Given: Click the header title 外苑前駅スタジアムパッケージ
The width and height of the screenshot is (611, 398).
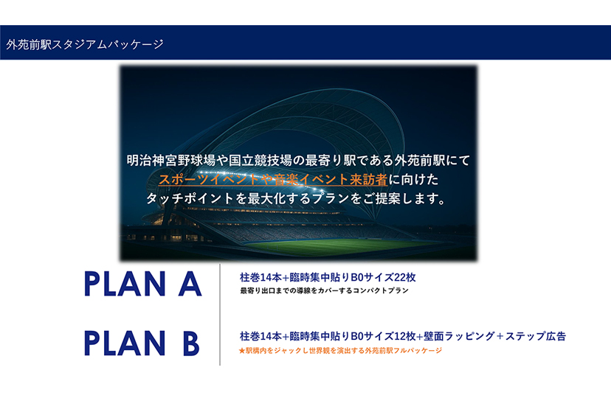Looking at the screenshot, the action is tap(85, 44).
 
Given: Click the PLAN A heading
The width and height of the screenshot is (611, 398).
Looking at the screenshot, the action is tap(143, 284).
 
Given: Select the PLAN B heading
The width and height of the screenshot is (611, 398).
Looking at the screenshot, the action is tap(142, 343).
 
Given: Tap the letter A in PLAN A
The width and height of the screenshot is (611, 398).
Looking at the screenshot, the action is tap(190, 284).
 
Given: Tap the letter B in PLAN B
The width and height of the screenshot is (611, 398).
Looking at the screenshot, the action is tap(191, 343).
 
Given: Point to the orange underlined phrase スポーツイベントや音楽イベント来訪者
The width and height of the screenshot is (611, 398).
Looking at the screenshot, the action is tap(273, 179).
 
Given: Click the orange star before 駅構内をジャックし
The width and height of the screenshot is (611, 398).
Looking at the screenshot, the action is tap(241, 351).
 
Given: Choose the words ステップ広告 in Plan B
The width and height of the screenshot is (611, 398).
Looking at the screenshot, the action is tap(536, 336).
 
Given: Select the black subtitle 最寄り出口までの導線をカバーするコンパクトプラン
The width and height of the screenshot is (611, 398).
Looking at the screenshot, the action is tap(324, 290).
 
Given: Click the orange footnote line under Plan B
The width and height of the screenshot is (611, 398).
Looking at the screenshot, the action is tap(340, 351).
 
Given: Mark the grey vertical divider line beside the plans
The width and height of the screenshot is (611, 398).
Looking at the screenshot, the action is tap(220, 315).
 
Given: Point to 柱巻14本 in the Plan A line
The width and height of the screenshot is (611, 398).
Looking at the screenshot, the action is tap(260, 277).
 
